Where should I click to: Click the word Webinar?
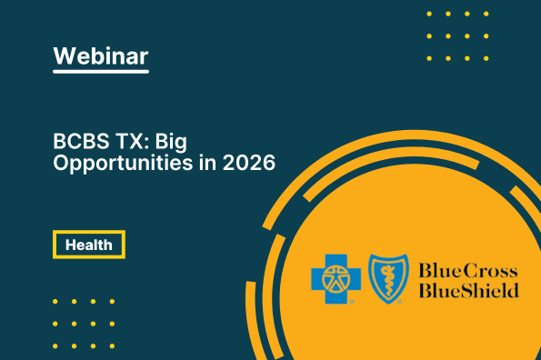click(x=100, y=55)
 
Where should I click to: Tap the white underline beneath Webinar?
click(x=100, y=73)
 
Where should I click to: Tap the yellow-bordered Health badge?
click(x=88, y=245)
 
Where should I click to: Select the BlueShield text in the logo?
click(x=468, y=290)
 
